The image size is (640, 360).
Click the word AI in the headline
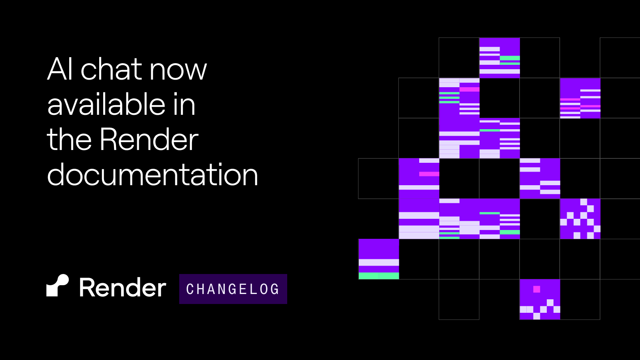click(60, 69)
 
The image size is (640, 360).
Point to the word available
click(106, 104)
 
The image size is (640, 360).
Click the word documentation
click(152, 175)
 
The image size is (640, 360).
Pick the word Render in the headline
click(149, 139)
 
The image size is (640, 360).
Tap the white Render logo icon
click(58, 286)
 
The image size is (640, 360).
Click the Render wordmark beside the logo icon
click(122, 288)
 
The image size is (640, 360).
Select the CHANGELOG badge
click(233, 289)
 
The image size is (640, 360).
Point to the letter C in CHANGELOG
click(190, 289)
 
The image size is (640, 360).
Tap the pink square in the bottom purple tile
click(537, 289)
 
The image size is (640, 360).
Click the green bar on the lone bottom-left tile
click(378, 276)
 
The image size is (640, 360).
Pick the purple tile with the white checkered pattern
click(580, 219)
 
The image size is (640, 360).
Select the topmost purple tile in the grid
click(500, 58)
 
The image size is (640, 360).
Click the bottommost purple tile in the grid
click(540, 299)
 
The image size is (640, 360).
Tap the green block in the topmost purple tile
click(510, 58)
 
